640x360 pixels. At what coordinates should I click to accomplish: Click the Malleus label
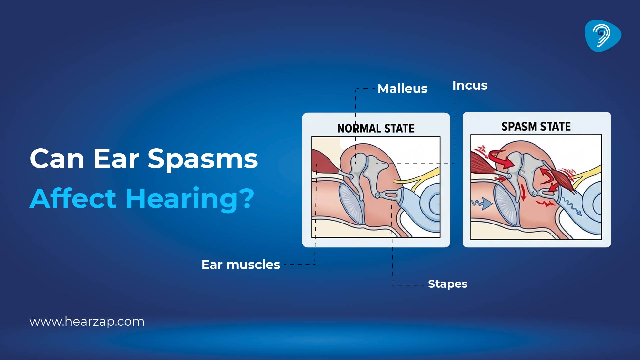pyautogui.click(x=402, y=89)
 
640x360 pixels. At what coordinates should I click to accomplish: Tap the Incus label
pyautogui.click(x=470, y=85)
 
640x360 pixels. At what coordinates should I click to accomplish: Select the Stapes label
pyautogui.click(x=447, y=284)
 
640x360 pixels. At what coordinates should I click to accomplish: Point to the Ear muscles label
pyautogui.click(x=241, y=265)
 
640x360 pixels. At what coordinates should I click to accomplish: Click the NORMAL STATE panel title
pyautogui.click(x=376, y=128)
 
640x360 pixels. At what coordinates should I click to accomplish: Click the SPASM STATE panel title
pyautogui.click(x=536, y=127)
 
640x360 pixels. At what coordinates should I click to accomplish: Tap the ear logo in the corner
pyautogui.click(x=603, y=36)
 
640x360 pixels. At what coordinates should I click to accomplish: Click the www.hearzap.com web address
pyautogui.click(x=87, y=322)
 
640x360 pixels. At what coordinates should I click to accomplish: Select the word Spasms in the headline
pyautogui.click(x=203, y=159)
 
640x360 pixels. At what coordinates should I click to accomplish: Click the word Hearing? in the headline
pyautogui.click(x=190, y=199)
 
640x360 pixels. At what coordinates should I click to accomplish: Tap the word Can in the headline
pyautogui.click(x=57, y=159)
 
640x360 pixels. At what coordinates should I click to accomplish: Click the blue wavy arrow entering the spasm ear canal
pyautogui.click(x=482, y=203)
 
